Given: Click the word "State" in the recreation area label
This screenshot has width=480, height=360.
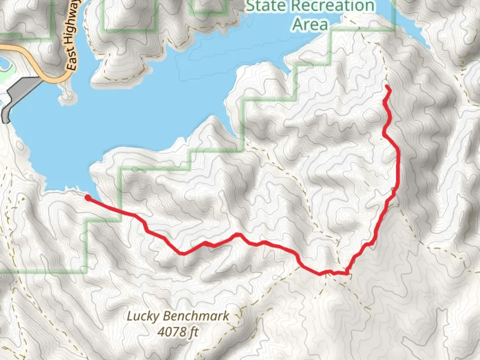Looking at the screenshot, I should (x=265, y=6).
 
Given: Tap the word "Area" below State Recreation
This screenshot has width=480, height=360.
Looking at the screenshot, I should (x=310, y=24).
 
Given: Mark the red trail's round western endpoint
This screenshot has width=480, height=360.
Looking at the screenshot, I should (x=88, y=198).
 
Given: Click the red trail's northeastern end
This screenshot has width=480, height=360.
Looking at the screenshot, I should (x=387, y=87).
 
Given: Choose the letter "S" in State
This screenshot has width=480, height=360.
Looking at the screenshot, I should (x=251, y=6).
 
